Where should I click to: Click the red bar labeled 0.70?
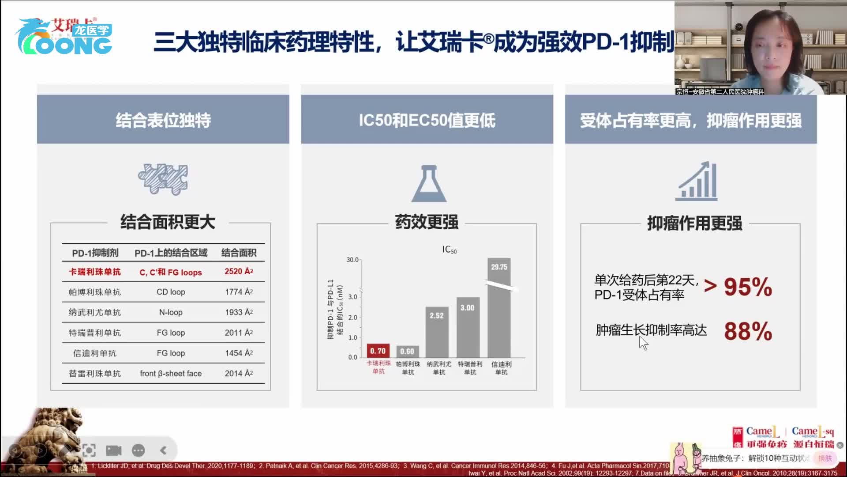(378, 351)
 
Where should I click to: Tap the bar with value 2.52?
(437, 332)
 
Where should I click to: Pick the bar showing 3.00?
(468, 327)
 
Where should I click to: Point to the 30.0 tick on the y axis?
(352, 260)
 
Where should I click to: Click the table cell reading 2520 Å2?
(239, 272)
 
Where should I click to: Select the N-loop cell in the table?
(171, 312)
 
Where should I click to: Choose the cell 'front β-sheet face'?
(171, 374)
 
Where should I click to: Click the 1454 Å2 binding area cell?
(239, 353)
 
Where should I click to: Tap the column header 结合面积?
(239, 253)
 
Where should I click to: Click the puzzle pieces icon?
(163, 179)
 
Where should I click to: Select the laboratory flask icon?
(429, 184)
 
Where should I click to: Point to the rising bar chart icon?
(697, 181)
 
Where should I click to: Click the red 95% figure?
(748, 287)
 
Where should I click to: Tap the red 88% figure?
(748, 331)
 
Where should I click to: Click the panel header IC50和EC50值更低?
(427, 120)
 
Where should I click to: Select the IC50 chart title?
(449, 250)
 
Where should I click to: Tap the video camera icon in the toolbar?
(113, 450)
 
